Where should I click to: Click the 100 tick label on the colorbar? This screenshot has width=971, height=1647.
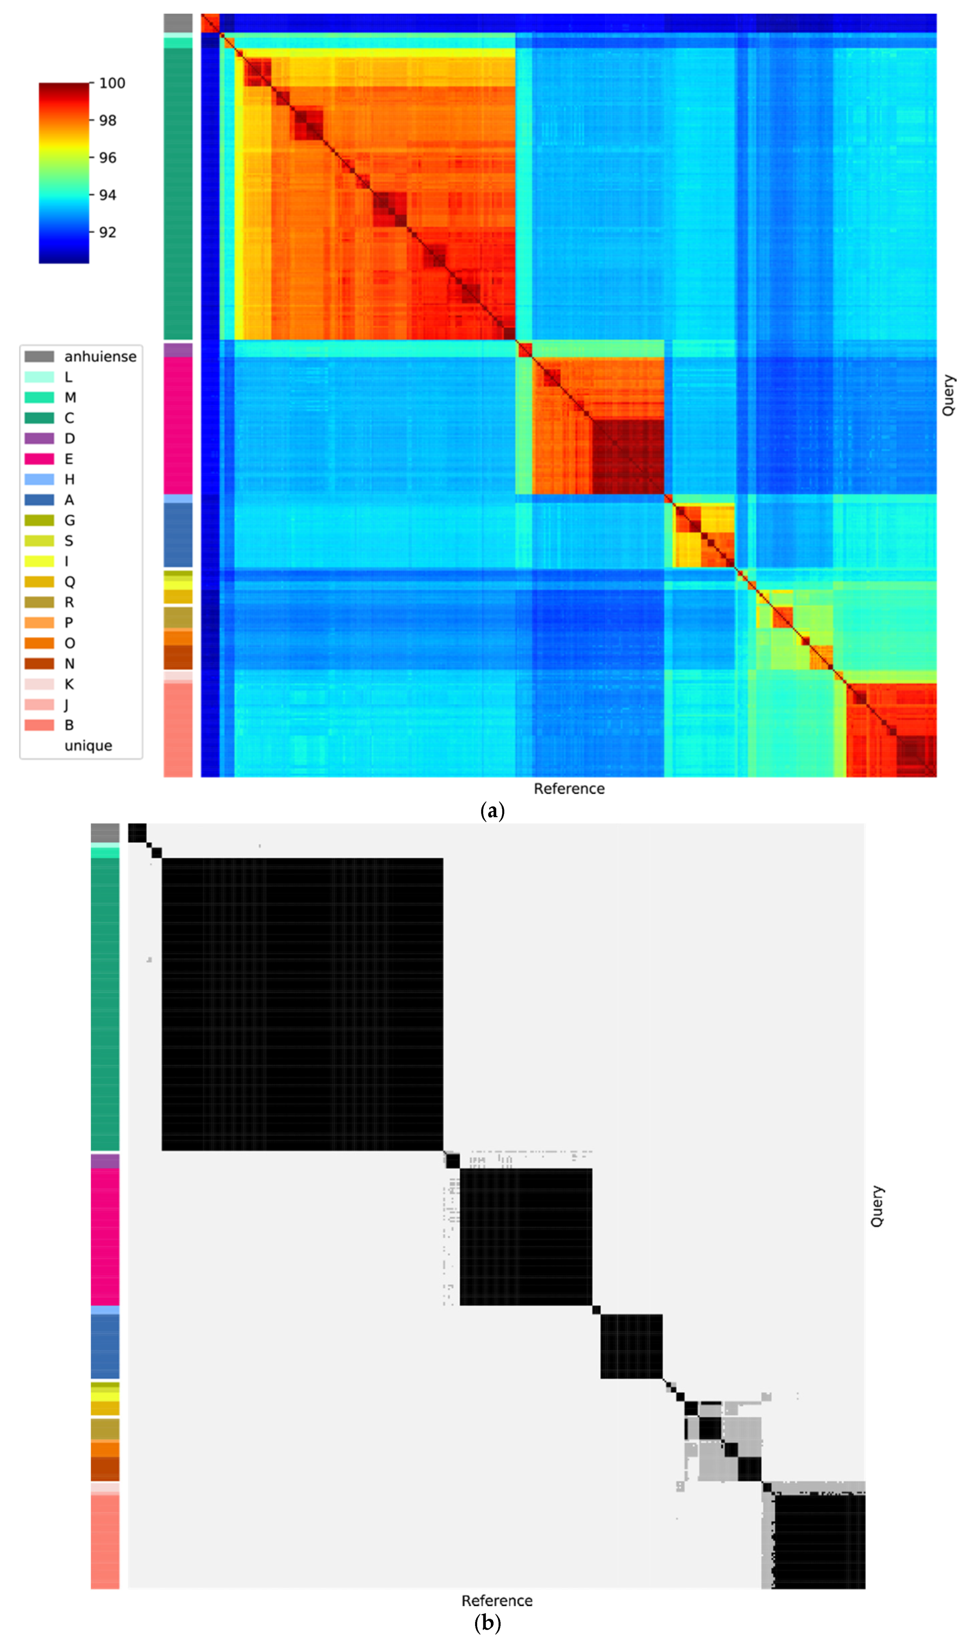click(112, 83)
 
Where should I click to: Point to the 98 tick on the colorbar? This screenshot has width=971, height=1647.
click(107, 120)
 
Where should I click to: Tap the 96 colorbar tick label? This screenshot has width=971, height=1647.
click(107, 158)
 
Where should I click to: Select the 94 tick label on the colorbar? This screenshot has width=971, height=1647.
click(107, 195)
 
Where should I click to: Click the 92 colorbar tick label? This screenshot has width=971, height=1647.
click(107, 232)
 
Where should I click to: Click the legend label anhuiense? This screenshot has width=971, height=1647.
click(100, 356)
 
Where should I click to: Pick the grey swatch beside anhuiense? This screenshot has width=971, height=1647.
click(39, 356)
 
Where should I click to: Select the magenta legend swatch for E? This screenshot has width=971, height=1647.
click(39, 459)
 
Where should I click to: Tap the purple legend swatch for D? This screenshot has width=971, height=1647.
click(39, 438)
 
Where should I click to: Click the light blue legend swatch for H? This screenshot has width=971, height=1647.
click(39, 479)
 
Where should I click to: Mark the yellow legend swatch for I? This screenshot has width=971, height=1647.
click(39, 561)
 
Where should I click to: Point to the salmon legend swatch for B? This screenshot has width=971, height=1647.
click(39, 725)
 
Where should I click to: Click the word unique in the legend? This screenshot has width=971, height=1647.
click(88, 746)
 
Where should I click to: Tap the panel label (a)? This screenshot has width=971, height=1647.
click(492, 811)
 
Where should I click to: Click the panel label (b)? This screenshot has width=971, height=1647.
click(487, 1623)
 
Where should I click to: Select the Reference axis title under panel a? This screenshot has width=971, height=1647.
click(568, 789)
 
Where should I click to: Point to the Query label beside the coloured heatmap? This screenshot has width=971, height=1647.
click(948, 395)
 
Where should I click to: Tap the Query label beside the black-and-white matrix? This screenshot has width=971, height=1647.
click(877, 1206)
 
